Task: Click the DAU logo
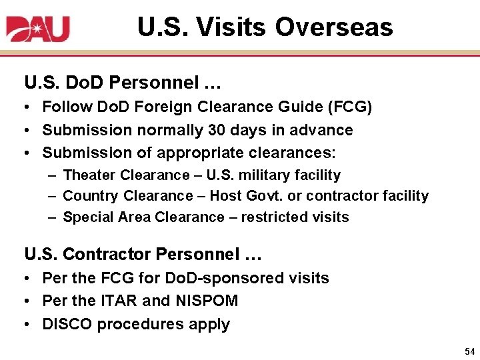(38, 28)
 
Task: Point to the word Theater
(89, 175)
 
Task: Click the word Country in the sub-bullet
(89, 196)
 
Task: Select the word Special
(88, 217)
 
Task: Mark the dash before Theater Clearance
(52, 175)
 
